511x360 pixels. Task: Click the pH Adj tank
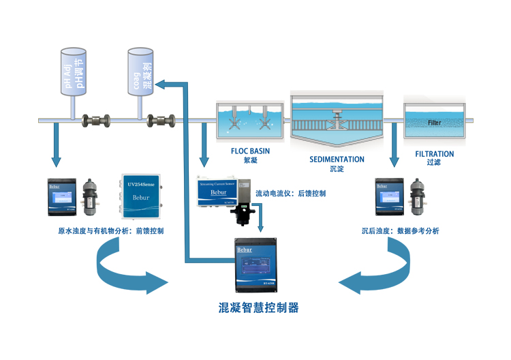click(x=76, y=72)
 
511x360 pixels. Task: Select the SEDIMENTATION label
click(x=337, y=159)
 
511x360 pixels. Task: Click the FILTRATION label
click(x=434, y=154)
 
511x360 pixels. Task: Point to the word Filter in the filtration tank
click(x=434, y=123)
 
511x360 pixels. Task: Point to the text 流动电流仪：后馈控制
click(x=290, y=194)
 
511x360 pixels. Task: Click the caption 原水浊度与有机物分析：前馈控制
click(x=111, y=231)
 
